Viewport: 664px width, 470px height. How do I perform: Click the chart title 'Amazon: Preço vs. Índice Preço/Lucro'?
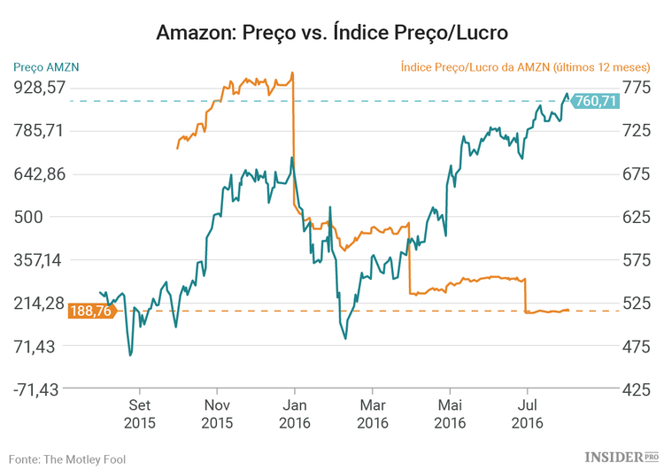coord(332,33)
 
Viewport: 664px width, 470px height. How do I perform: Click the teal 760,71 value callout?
coord(595,101)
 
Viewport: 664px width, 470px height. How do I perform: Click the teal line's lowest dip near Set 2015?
coord(130,355)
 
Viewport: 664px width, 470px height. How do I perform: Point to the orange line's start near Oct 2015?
coord(177,148)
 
